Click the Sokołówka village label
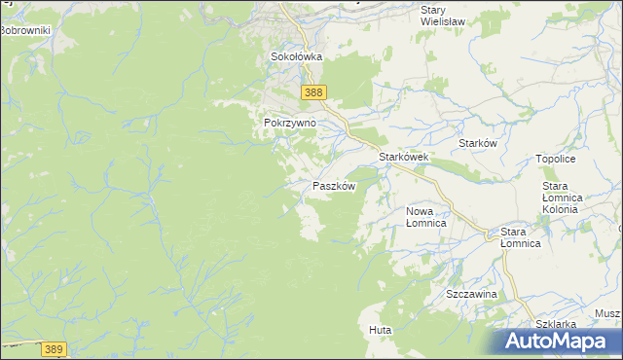296,57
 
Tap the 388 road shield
312,92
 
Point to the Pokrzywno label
289,125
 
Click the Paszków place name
334,186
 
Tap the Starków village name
478,143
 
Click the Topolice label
556,159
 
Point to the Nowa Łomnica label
425,217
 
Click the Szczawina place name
472,294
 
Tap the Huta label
381,331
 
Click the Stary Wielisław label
442,17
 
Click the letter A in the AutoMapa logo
517,342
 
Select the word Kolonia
562,209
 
